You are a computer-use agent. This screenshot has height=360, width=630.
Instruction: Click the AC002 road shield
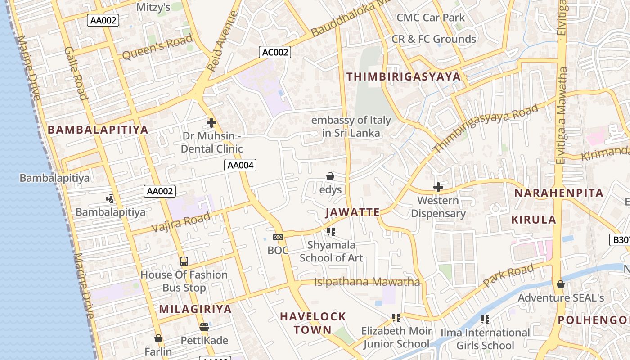(275, 52)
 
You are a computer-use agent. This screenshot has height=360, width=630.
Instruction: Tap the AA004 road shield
(240, 165)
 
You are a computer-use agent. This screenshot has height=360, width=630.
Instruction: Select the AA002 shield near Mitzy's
(104, 20)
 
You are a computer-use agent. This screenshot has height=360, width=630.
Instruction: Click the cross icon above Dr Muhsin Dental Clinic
(211, 122)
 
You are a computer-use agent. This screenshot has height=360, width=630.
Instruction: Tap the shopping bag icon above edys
(330, 176)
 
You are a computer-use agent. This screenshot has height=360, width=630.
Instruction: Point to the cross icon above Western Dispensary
(438, 187)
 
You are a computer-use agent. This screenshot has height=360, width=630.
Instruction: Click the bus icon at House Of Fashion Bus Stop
(184, 261)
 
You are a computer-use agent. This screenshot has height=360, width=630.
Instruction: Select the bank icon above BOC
(278, 237)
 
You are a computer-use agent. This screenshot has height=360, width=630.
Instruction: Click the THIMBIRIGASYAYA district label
(404, 76)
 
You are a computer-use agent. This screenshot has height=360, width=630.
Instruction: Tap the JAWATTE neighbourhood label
(352, 212)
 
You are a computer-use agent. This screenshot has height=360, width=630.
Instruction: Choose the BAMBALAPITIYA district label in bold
(98, 130)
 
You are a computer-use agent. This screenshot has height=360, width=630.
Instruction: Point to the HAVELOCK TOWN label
(313, 323)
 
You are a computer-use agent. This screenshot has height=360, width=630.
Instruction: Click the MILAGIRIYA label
(195, 309)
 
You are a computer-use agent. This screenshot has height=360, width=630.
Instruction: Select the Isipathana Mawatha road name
(367, 282)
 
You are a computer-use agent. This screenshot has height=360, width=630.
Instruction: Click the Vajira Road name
(181, 222)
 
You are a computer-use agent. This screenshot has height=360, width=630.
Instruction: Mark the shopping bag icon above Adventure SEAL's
(561, 284)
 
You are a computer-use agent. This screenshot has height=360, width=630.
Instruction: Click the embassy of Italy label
(351, 126)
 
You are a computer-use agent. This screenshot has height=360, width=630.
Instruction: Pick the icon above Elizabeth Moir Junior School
(396, 318)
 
